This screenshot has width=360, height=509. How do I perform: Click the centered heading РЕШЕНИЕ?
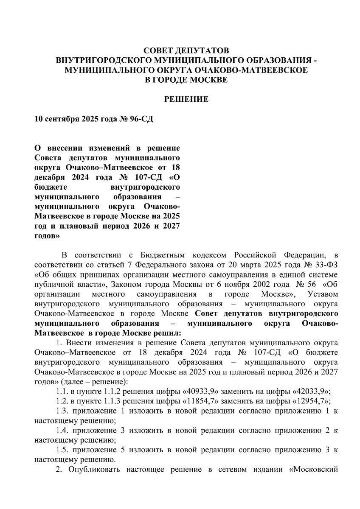(x=186, y=100)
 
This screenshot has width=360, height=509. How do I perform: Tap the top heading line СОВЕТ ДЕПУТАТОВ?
(x=186, y=50)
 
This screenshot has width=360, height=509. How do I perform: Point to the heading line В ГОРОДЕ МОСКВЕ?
(x=186, y=80)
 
